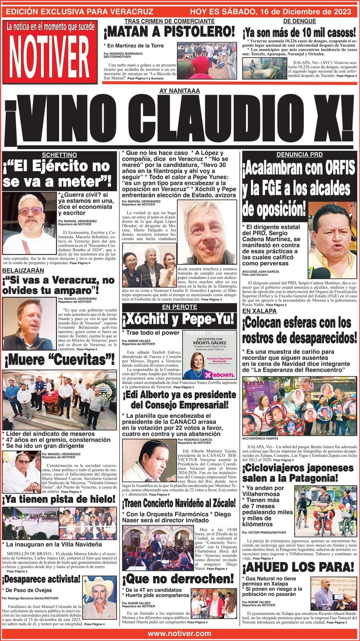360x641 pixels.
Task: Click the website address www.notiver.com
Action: pyautogui.click(x=180, y=633)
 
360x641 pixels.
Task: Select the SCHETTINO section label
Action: pyautogui.click(x=59, y=155)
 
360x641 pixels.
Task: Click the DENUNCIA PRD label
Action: pyautogui.click(x=299, y=155)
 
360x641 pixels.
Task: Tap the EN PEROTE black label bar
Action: pyautogui.click(x=179, y=307)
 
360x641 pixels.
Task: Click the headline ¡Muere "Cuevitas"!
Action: pyautogui.click(x=59, y=359)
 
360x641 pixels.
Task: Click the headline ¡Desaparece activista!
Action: pyautogui.click(x=41, y=579)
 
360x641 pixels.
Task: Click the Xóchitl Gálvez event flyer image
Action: pyautogui.click(x=210, y=355)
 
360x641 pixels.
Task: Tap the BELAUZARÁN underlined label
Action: pyautogui.click(x=23, y=270)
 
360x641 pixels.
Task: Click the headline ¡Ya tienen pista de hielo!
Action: pyautogui.click(x=59, y=500)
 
